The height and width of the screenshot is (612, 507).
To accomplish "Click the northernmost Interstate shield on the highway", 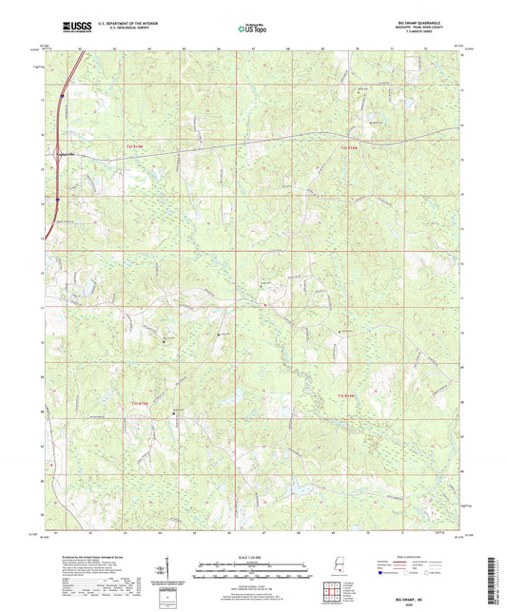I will click(x=60, y=95).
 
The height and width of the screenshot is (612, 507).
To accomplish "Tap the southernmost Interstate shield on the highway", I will click(x=57, y=200).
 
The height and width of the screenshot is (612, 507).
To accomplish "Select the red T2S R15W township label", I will click(x=139, y=147).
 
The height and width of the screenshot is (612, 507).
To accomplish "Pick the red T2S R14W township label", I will click(x=352, y=147).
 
